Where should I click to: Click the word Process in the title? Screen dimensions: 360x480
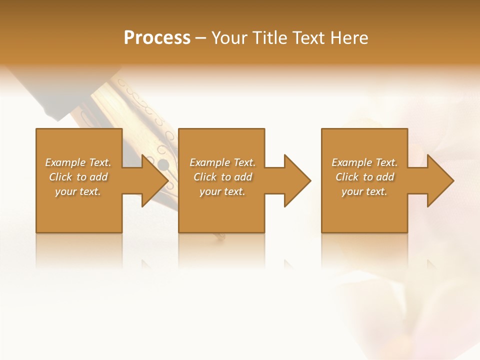click(157, 38)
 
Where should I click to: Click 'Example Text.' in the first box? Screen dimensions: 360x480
click(78, 162)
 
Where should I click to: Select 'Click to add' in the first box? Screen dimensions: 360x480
click(78, 177)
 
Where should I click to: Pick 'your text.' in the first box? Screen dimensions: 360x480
click(78, 191)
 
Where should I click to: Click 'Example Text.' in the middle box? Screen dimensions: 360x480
click(222, 162)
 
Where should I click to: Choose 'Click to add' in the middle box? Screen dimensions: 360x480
click(222, 177)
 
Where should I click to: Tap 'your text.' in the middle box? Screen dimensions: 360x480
click(222, 191)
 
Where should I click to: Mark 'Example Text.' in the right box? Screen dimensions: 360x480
click(364, 162)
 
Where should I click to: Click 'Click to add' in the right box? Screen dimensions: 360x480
click(364, 177)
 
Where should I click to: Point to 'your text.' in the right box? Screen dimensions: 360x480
click(364, 191)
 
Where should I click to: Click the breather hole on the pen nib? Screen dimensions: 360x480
click(163, 164)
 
